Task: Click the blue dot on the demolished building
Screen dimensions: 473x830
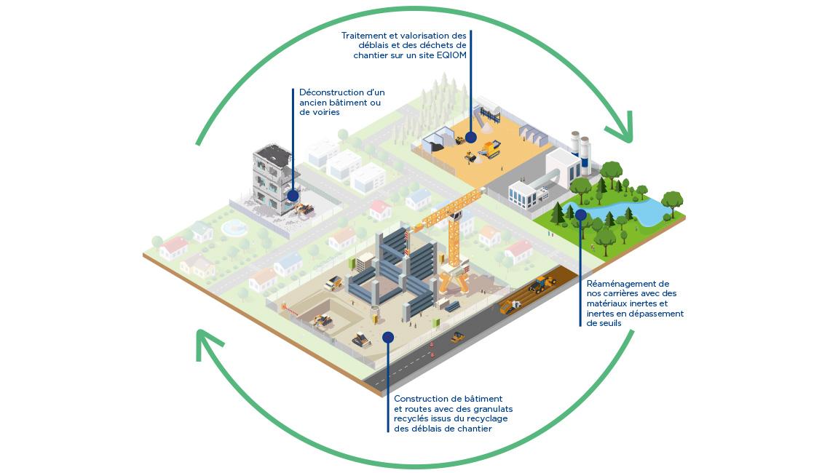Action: [x=293, y=196]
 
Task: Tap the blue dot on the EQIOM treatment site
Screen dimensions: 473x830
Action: [x=471, y=136]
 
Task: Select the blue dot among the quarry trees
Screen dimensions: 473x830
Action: [x=580, y=215]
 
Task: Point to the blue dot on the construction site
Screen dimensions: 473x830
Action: [x=388, y=337]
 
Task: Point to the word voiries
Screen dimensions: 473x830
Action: [x=325, y=113]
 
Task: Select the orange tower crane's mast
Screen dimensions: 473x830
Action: [x=454, y=233]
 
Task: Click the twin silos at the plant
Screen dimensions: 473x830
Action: [x=580, y=152]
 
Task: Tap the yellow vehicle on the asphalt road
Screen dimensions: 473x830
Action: [x=458, y=337]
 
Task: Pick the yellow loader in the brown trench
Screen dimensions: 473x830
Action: [x=540, y=284]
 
